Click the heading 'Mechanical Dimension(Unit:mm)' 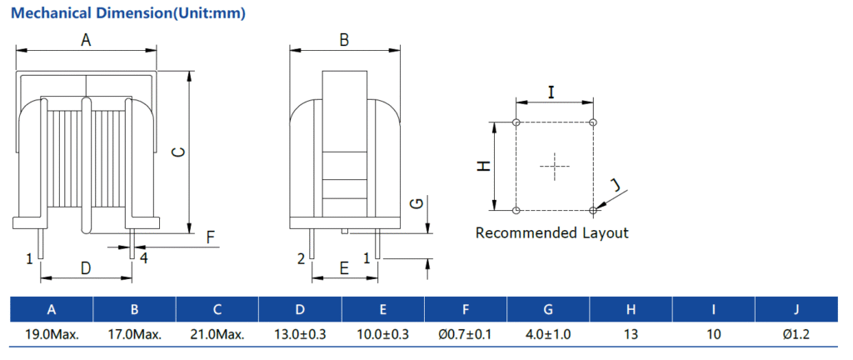click(x=128, y=13)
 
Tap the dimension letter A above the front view click(x=86, y=40)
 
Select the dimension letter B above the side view click(x=344, y=40)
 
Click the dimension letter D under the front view click(x=86, y=267)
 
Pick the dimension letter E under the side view click(x=343, y=267)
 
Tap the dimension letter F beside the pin click(x=211, y=237)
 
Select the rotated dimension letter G click(x=417, y=203)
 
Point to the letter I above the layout click(x=551, y=92)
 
